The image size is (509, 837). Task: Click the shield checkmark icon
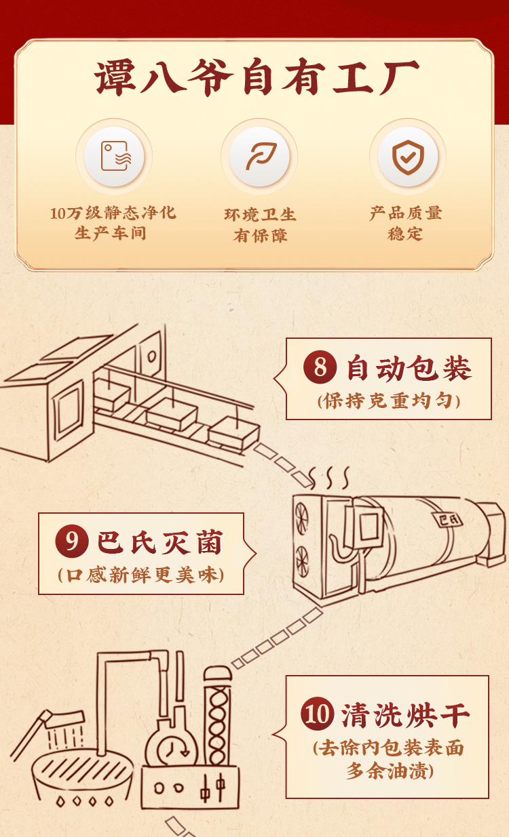[x=408, y=157]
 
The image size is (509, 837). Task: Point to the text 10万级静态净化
[x=113, y=213]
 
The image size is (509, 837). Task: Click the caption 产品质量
[x=406, y=213]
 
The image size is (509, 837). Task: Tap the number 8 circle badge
[x=320, y=367]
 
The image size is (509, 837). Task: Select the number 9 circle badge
[x=72, y=541]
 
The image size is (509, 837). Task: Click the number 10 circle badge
[x=318, y=714]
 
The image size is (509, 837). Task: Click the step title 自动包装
[x=409, y=368]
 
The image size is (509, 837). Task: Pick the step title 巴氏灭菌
[x=161, y=542]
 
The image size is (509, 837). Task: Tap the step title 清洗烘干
[x=405, y=715]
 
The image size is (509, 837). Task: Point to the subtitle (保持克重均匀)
[x=388, y=401]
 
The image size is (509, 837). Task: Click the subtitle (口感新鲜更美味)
[x=140, y=575]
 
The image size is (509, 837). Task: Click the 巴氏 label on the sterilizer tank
[x=449, y=520]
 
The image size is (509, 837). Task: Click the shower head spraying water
[x=64, y=720]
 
